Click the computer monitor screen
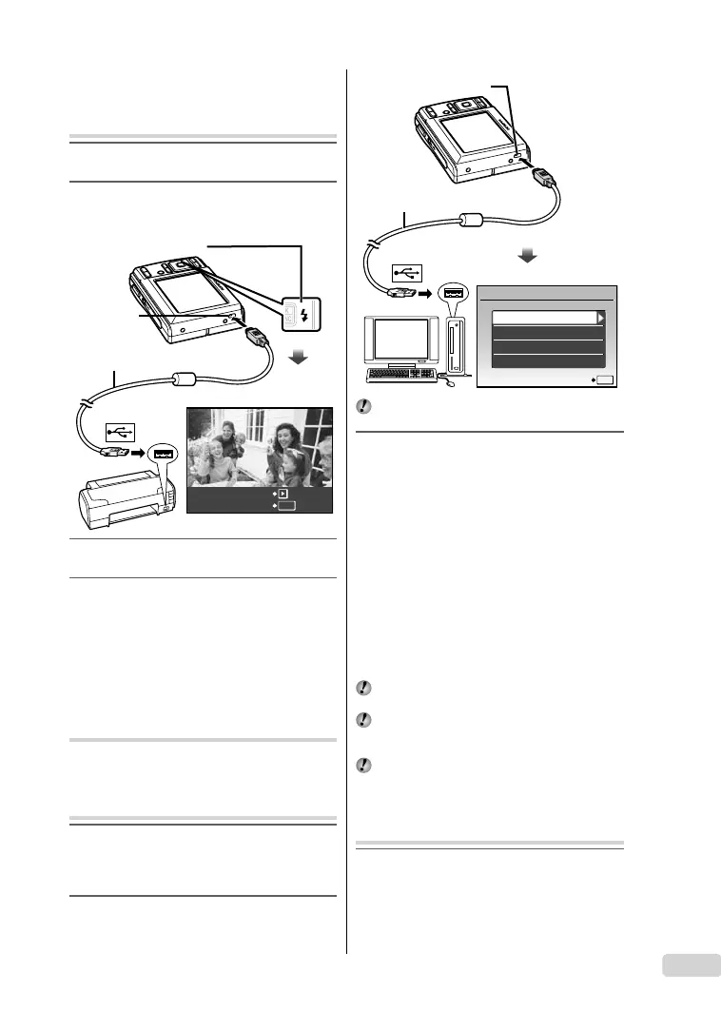click(399, 339)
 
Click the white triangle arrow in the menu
click(600, 318)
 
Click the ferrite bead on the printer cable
click(184, 378)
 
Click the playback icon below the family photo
click(283, 495)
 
